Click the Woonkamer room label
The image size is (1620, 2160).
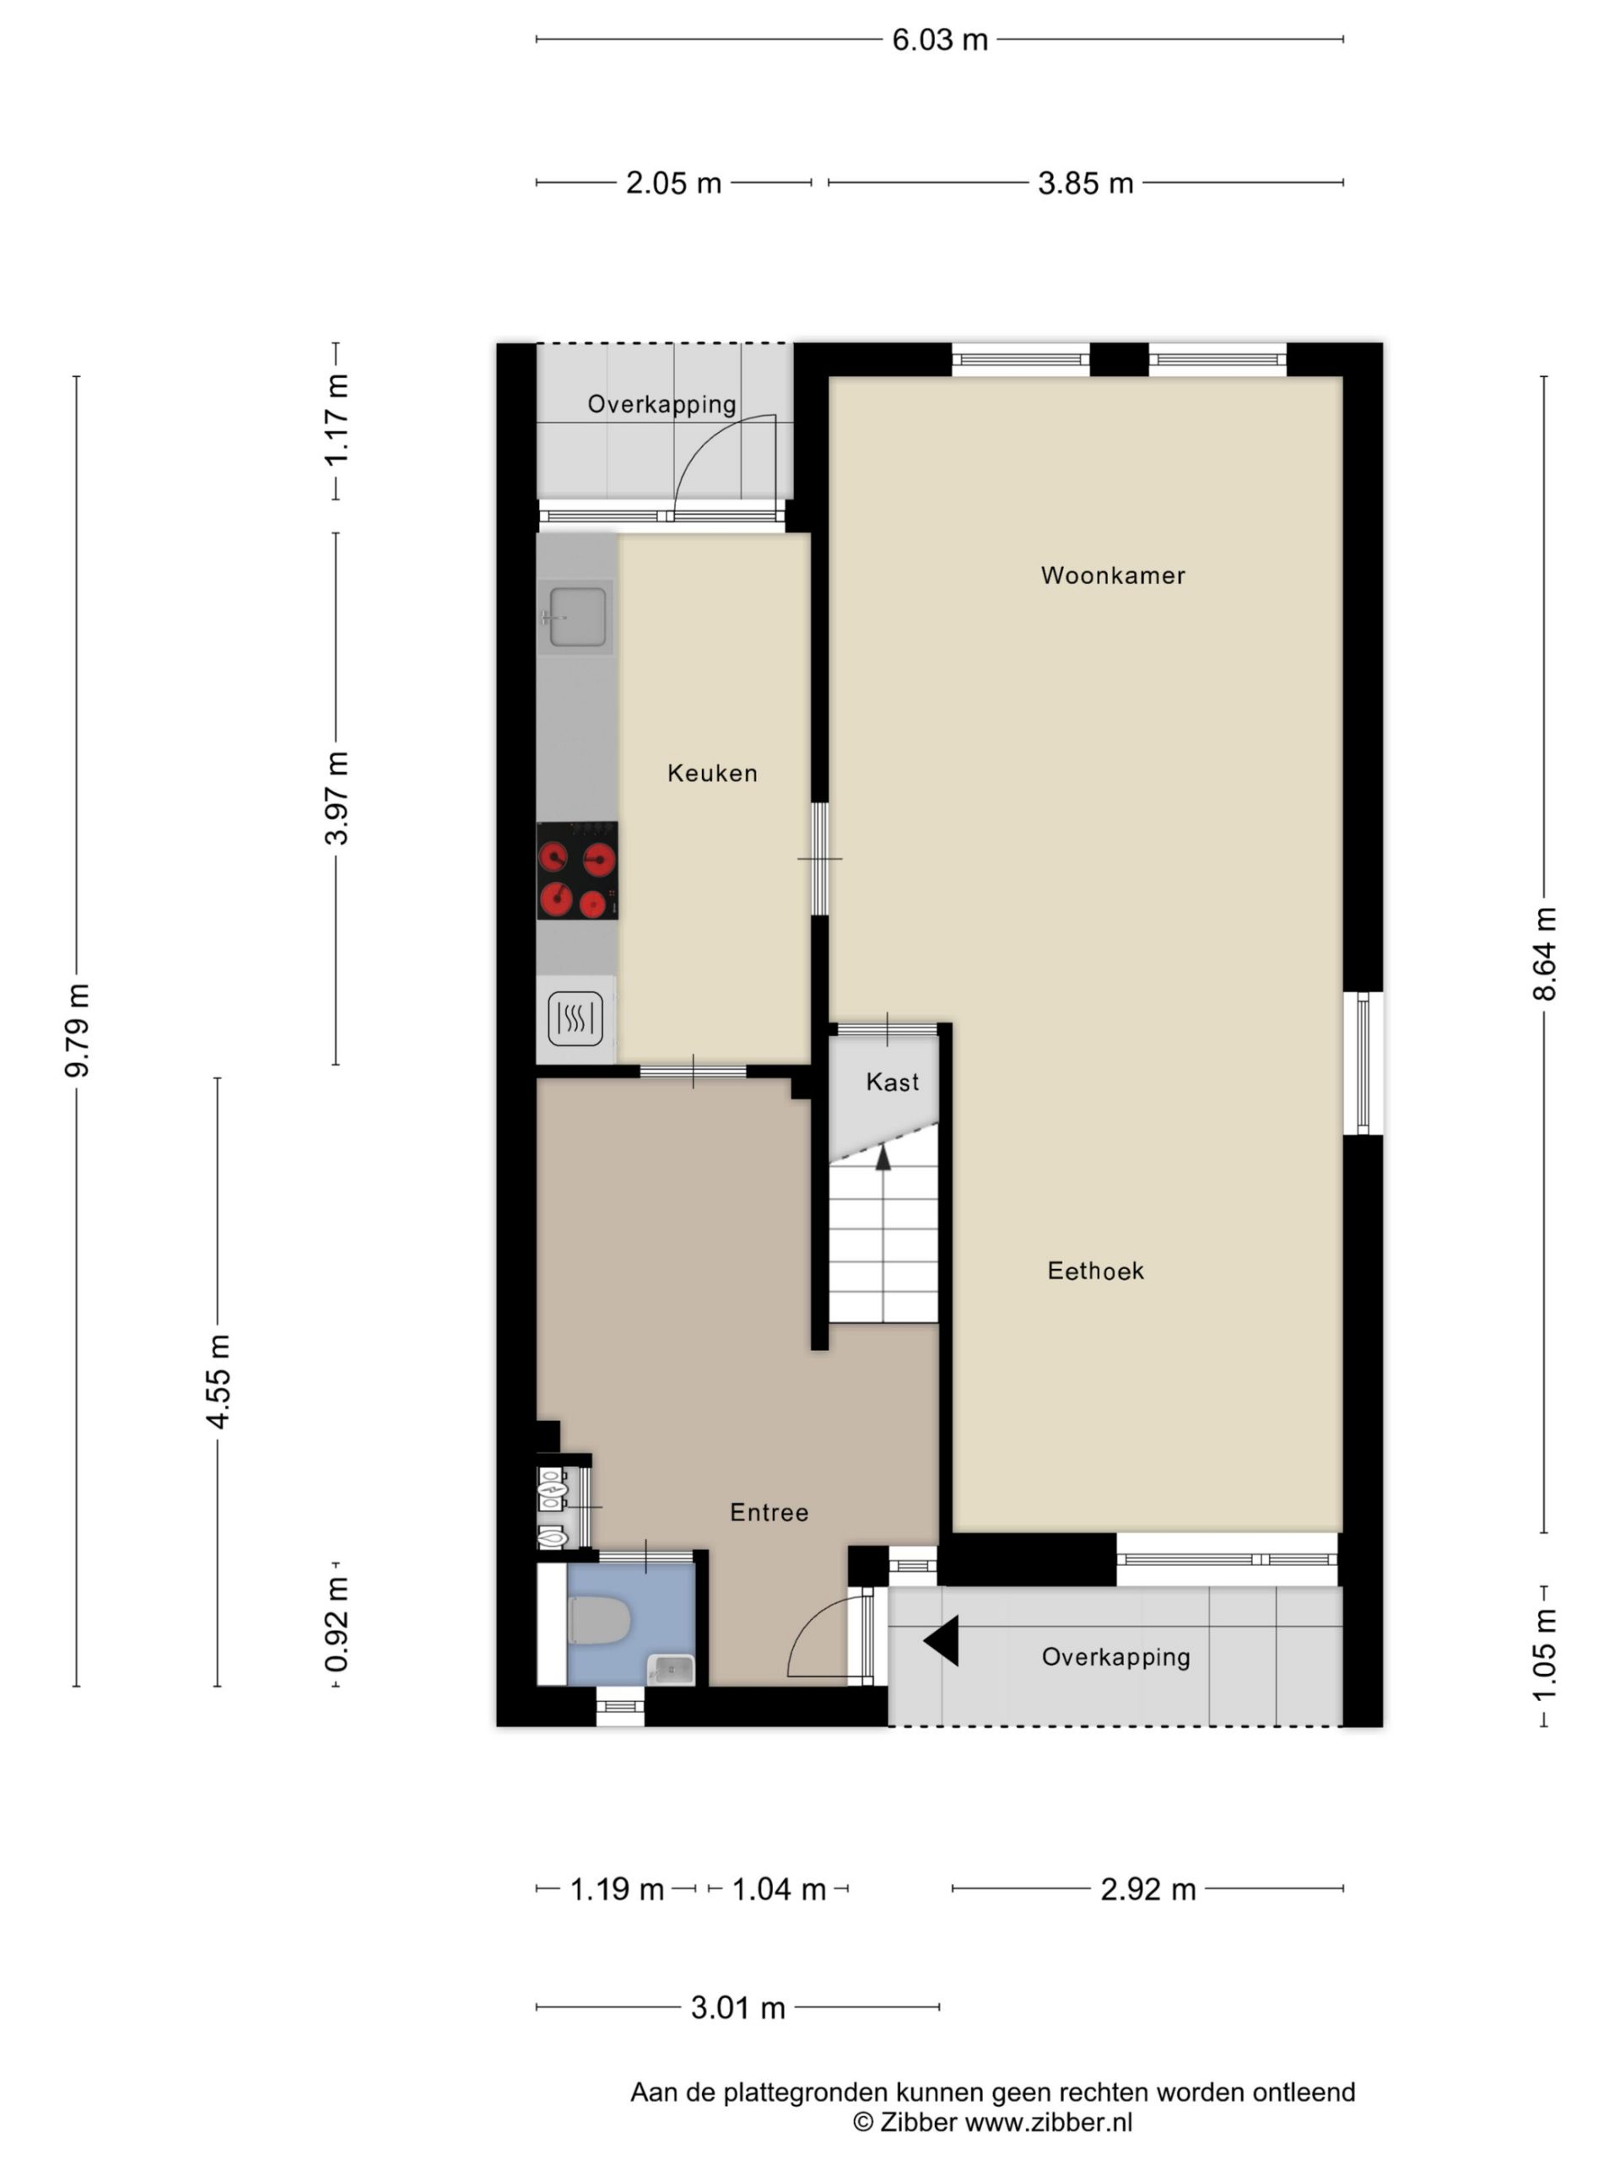click(1112, 575)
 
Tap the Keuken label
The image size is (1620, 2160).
click(712, 774)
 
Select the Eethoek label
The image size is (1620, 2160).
click(1094, 1271)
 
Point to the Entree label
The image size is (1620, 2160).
click(769, 1513)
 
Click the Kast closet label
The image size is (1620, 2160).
click(892, 1082)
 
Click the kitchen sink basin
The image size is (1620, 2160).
click(577, 617)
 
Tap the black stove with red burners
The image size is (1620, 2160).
click(577, 870)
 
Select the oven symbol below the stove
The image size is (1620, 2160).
click(575, 1019)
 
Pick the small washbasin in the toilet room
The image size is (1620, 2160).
click(671, 1671)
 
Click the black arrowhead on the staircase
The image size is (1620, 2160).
click(883, 1158)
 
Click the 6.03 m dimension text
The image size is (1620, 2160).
click(939, 40)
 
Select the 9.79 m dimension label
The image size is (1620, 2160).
click(77, 1030)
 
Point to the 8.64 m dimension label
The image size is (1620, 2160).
click(1544, 954)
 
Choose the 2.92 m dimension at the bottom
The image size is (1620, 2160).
click(1147, 1889)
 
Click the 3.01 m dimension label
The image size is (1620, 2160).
click(737, 2007)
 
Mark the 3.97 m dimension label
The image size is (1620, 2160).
click(337, 798)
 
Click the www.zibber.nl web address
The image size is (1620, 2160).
click(1049, 2122)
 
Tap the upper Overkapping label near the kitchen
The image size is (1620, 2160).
click(661, 404)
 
